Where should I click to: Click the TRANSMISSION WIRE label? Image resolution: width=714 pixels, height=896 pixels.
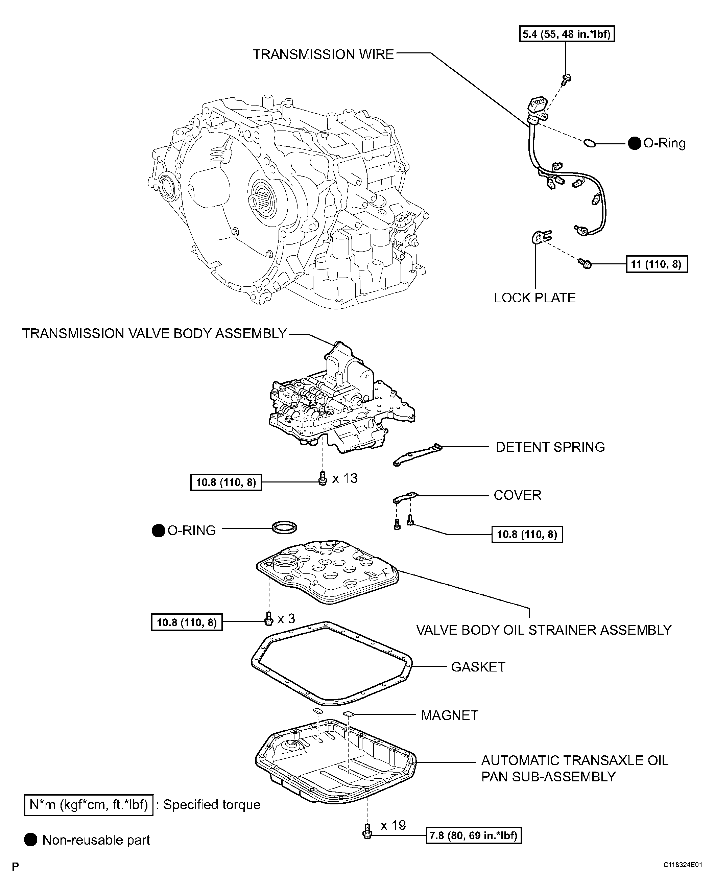pos(323,54)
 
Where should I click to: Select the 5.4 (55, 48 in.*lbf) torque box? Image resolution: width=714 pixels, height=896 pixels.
pos(567,34)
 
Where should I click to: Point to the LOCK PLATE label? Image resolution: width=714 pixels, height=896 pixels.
pos(534,298)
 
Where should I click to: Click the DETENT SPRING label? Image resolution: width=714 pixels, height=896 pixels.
pos(550,447)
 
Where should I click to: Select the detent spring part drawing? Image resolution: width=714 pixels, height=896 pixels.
pos(417,455)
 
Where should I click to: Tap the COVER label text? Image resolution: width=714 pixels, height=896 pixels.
pos(518,495)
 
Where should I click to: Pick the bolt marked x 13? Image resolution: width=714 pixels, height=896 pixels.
pos(323,478)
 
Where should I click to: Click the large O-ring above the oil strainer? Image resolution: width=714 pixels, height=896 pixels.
pos(284,528)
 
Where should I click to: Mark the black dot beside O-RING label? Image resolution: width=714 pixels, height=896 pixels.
pos(158,531)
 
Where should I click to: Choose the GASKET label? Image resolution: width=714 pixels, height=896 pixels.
pos(478,667)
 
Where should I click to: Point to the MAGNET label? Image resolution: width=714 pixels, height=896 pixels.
pos(449,715)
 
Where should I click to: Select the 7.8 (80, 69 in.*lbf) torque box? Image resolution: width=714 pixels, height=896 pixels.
pos(473,835)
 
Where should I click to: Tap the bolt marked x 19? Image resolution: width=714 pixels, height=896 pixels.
pos(366,831)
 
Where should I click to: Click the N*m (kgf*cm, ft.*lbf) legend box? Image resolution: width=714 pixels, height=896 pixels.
pos(89,805)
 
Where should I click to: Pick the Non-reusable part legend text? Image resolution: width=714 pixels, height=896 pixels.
pos(96,840)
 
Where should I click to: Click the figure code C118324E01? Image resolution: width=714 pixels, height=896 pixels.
pos(683,865)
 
